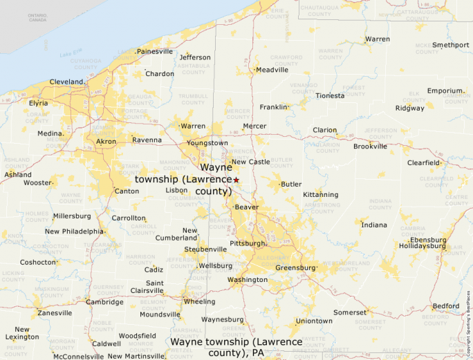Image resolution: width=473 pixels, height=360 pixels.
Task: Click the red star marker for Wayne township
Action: tap(236, 180)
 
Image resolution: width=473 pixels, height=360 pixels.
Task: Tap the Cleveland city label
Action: tap(66, 82)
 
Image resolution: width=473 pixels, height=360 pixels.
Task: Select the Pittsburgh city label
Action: tap(248, 243)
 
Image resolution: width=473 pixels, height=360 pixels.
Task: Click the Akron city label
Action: tap(106, 142)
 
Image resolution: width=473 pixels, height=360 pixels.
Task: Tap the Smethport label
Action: tap(451, 45)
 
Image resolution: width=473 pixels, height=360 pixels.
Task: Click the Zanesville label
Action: tap(55, 313)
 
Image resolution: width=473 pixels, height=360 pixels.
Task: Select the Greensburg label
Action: tap(295, 267)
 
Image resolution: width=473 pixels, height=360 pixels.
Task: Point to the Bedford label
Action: tap(445, 306)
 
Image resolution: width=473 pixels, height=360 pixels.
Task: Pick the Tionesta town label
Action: tap(330, 95)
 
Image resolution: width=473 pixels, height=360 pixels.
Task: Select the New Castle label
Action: tap(250, 162)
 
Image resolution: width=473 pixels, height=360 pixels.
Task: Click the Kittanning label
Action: tap(321, 195)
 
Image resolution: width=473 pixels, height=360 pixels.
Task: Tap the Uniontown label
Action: tap(314, 321)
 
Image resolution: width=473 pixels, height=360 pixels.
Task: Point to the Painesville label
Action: tap(155, 51)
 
